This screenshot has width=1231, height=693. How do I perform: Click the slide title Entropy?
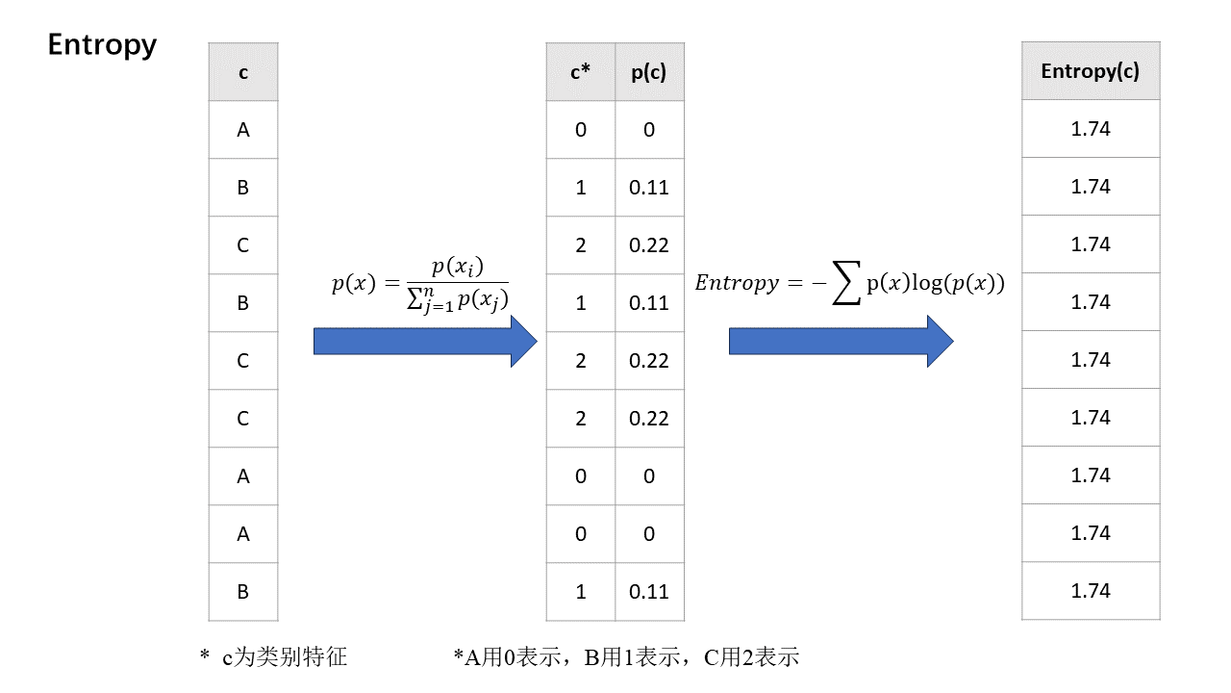[x=102, y=45]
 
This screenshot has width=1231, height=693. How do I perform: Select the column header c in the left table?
[x=243, y=72]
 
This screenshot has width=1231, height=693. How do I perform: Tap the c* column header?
[x=580, y=72]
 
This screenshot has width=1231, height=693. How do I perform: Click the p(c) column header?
[x=649, y=72]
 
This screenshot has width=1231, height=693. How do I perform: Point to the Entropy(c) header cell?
[x=1091, y=71]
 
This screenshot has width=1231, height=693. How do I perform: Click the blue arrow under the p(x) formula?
[x=424, y=341]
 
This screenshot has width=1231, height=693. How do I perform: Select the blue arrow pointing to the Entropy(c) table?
[x=840, y=341]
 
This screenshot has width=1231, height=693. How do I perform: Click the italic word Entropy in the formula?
[x=736, y=283]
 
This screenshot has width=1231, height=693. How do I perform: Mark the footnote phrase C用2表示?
[x=751, y=657]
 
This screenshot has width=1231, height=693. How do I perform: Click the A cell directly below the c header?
[x=243, y=130]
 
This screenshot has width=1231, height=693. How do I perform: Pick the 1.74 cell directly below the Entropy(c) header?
[x=1091, y=128]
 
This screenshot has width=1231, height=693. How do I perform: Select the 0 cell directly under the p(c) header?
[x=649, y=130]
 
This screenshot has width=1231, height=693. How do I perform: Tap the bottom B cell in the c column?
[x=243, y=592]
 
